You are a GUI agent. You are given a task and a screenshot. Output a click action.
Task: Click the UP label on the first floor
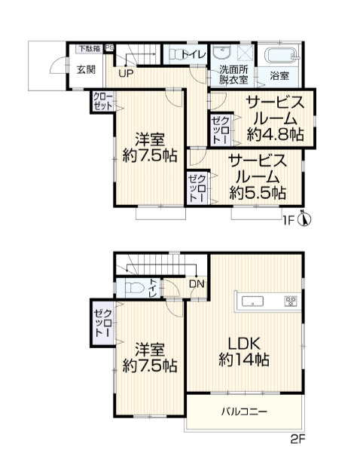[125, 73]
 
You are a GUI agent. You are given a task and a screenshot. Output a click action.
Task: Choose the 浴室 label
[279, 75]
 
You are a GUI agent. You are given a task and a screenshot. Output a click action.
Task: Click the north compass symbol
[305, 220]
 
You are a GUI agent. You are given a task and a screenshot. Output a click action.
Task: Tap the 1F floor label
[288, 220]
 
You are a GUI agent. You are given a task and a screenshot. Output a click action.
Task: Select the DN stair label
[197, 284]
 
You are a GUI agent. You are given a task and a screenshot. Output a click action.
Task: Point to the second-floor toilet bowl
[134, 287]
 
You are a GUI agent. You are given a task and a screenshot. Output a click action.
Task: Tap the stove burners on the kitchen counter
[290, 301]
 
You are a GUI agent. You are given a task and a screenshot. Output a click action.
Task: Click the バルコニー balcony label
[243, 412]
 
